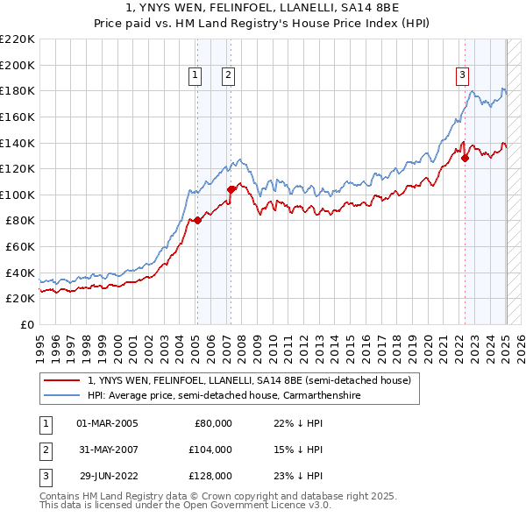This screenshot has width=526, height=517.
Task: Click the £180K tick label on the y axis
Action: pyautogui.click(x=18, y=90)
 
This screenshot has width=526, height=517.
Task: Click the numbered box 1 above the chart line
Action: pyautogui.click(x=194, y=76)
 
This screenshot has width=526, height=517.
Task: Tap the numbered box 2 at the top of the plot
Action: pyautogui.click(x=227, y=76)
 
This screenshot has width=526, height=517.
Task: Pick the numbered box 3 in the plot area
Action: pyautogui.click(x=462, y=76)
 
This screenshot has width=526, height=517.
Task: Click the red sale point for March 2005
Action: pyautogui.click(x=197, y=221)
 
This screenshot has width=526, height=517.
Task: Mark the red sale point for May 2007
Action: pyautogui.click(x=231, y=189)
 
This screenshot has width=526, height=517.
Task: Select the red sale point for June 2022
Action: pyautogui.click(x=465, y=159)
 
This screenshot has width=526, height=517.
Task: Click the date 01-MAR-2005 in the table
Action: pyautogui.click(x=108, y=423)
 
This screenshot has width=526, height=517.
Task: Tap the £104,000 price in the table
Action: pyautogui.click(x=210, y=450)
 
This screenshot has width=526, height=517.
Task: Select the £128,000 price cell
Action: pyautogui.click(x=210, y=476)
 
